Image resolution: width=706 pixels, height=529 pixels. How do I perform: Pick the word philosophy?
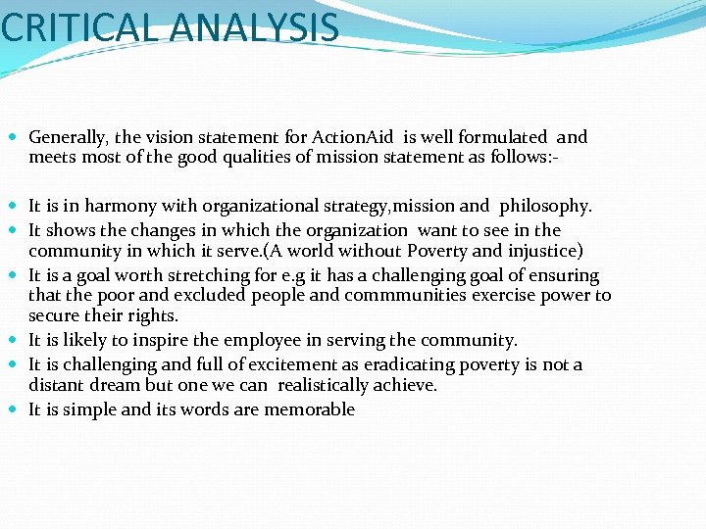point(545,206)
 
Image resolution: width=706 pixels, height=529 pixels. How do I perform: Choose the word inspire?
point(158,340)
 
